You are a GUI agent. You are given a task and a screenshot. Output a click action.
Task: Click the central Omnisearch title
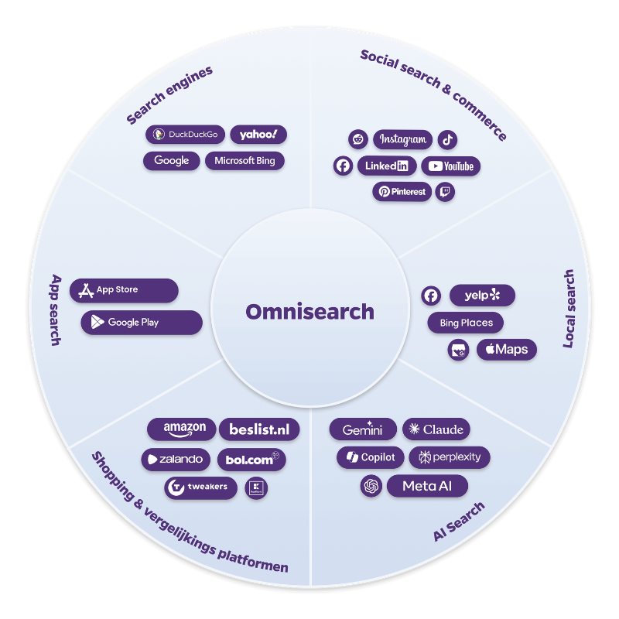pyautogui.click(x=309, y=312)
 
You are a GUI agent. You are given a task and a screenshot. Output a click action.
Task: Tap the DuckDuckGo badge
pyautogui.click(x=185, y=135)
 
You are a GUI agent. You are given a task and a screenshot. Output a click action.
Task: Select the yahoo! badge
pyautogui.click(x=258, y=135)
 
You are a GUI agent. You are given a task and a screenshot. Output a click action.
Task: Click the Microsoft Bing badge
pyautogui.click(x=245, y=161)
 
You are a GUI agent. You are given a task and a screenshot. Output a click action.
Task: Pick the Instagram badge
pyautogui.click(x=402, y=140)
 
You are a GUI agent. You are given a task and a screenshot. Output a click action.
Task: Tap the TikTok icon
pyautogui.click(x=448, y=140)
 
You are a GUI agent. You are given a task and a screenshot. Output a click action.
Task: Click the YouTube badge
pyautogui.click(x=450, y=166)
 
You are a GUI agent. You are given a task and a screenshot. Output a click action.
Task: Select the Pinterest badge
pyautogui.click(x=402, y=191)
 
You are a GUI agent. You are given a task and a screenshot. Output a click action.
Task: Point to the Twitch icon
pyautogui.click(x=445, y=191)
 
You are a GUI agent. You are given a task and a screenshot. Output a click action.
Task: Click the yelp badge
pyautogui.click(x=482, y=295)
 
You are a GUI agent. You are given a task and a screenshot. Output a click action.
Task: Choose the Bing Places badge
pyautogui.click(x=466, y=323)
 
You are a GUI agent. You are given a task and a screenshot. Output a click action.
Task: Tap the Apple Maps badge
pyautogui.click(x=506, y=350)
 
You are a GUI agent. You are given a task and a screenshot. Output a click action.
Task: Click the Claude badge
pyautogui.click(x=436, y=429)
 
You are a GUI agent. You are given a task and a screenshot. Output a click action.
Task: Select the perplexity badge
pyautogui.click(x=450, y=457)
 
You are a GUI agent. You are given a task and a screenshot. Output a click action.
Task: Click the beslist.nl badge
pyautogui.click(x=259, y=429)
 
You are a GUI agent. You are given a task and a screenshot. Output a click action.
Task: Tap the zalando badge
pyautogui.click(x=176, y=459)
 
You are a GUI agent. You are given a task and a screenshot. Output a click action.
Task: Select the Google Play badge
pyautogui.click(x=141, y=322)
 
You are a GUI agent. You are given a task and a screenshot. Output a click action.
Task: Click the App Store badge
pyautogui.click(x=124, y=290)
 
